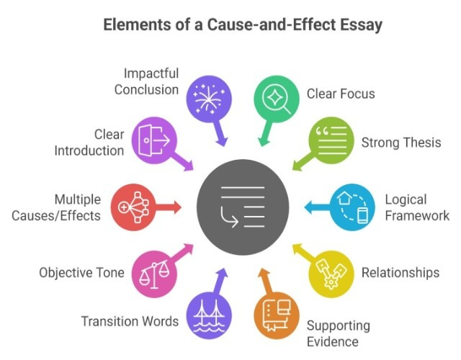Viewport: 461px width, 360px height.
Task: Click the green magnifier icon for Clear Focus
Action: click(x=277, y=96)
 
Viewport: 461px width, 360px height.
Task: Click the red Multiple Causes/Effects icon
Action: click(x=133, y=207)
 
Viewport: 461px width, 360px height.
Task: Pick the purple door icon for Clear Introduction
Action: click(x=154, y=138)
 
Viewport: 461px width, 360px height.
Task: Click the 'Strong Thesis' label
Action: click(x=400, y=142)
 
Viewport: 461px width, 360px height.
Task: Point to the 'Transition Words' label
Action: click(x=130, y=321)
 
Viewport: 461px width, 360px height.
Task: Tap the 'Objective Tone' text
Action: click(x=81, y=273)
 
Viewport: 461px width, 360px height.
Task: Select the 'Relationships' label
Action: click(x=400, y=273)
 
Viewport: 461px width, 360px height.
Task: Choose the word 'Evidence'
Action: click(x=332, y=341)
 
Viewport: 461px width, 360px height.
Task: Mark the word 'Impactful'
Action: click(x=151, y=74)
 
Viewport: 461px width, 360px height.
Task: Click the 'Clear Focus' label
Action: click(x=341, y=94)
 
